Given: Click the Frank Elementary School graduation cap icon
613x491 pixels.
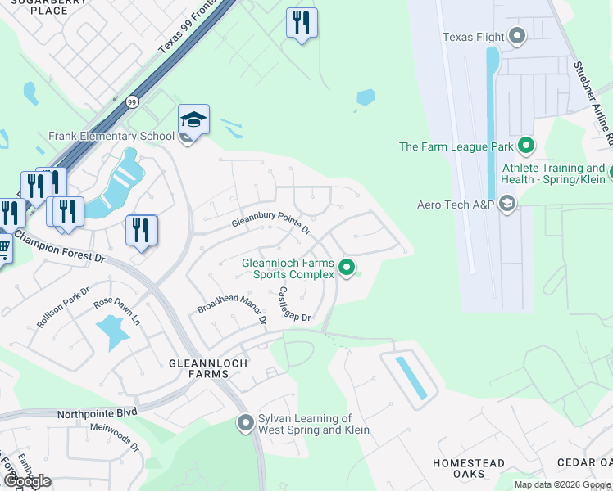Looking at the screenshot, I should [x=193, y=120].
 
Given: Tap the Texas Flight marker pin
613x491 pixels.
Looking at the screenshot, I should [x=517, y=36].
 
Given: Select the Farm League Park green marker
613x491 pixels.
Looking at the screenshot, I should [x=525, y=146].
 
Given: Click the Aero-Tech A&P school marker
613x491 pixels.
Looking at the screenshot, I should [x=506, y=204].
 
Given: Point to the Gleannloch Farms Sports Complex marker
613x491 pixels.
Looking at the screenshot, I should [x=347, y=268].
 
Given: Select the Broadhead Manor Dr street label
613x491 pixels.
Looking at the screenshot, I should [x=232, y=304].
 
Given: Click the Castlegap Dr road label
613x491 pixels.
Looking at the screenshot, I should [x=294, y=304].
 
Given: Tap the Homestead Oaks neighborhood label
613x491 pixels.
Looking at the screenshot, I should [x=469, y=469].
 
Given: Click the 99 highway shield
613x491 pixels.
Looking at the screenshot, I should [x=132, y=102].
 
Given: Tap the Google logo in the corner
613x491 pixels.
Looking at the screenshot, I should [x=27, y=480].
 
